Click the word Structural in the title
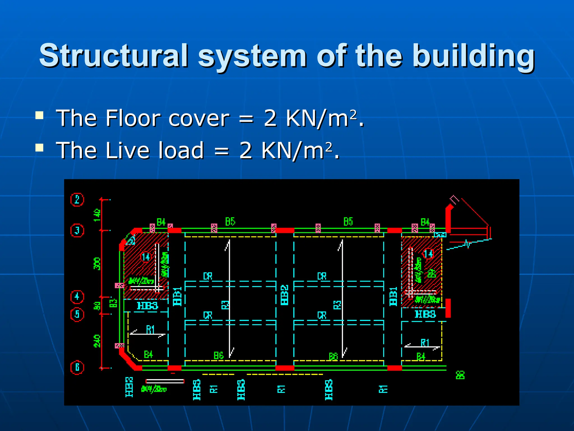(x=114, y=55)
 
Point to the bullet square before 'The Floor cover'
(x=40, y=115)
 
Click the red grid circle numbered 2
(x=77, y=200)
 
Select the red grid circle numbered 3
(x=77, y=231)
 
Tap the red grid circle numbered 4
(x=77, y=297)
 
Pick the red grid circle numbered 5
(x=77, y=314)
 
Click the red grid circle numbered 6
(x=77, y=367)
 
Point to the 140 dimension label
(x=97, y=215)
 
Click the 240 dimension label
(x=97, y=341)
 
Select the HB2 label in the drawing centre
(x=284, y=295)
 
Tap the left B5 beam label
(x=230, y=222)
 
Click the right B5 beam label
(x=348, y=222)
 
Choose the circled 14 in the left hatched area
(x=146, y=257)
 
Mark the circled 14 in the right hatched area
(x=428, y=254)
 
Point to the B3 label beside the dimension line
(x=113, y=302)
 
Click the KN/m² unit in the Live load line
(x=297, y=150)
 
